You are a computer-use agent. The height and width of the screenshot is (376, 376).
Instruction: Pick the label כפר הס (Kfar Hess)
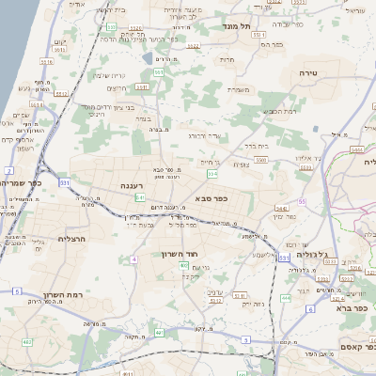click(x=272, y=44)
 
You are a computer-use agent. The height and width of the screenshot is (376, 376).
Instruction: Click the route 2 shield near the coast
click(x=7, y=170)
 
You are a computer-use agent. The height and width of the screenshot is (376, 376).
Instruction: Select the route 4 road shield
click(x=134, y=258)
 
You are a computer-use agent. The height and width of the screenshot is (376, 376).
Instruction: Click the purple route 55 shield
click(x=302, y=201)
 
